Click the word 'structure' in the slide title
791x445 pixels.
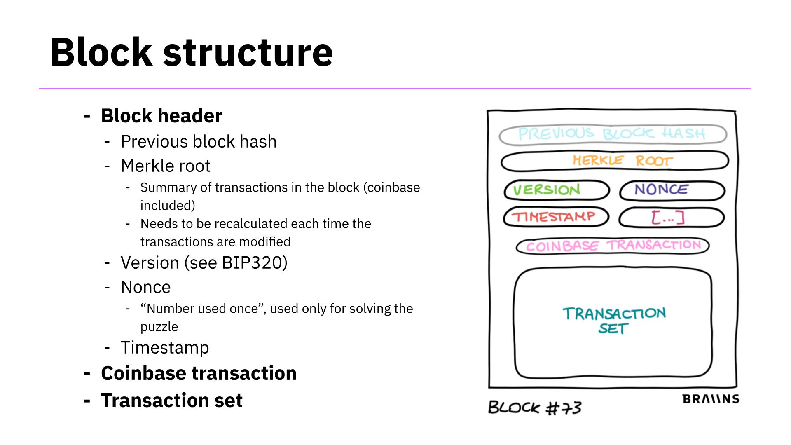248,52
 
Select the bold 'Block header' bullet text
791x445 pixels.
161,116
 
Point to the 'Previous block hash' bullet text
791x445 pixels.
199,142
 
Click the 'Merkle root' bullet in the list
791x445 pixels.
165,166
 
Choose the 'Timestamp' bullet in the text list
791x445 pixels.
165,348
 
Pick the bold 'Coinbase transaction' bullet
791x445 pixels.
199,373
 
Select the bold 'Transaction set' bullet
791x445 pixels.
172,400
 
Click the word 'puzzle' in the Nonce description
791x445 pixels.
159,327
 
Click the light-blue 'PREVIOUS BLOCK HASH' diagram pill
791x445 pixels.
612,134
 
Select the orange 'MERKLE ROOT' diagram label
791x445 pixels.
623,160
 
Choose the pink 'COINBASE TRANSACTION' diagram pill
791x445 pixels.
613,246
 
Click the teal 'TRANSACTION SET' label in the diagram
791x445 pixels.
613,320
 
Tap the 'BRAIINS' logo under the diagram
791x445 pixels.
711,399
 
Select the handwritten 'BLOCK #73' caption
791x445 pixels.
535,408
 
